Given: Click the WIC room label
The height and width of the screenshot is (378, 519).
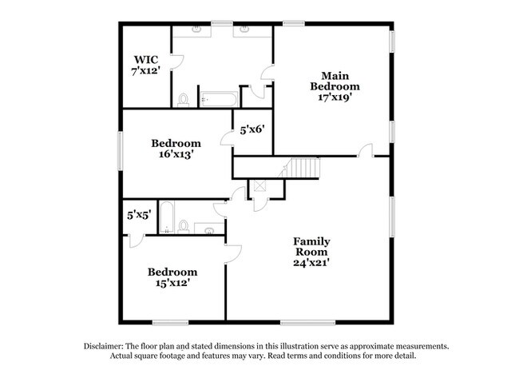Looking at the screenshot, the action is pyautogui.click(x=146, y=60).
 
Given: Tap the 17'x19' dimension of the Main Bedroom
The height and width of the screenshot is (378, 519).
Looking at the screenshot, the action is pyautogui.click(x=335, y=97).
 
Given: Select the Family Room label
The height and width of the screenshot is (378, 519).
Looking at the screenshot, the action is pyautogui.click(x=311, y=246).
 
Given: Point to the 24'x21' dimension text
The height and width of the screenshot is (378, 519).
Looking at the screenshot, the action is pyautogui.click(x=311, y=263).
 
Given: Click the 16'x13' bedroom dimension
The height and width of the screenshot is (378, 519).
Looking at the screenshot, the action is pyautogui.click(x=176, y=154).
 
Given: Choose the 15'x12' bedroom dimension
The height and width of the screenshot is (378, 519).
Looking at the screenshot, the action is pyautogui.click(x=172, y=283).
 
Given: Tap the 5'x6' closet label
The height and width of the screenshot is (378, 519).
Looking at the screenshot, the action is pyautogui.click(x=252, y=129).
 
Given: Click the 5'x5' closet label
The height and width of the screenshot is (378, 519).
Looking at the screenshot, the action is pyautogui.click(x=140, y=215).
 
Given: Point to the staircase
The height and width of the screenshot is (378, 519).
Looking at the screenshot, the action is pyautogui.click(x=299, y=168).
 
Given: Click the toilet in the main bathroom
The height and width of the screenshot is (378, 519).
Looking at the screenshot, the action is pyautogui.click(x=183, y=100).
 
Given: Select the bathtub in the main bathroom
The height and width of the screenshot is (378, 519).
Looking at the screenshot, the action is pyautogui.click(x=219, y=99).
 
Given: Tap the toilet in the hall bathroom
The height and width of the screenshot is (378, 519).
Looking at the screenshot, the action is pyautogui.click(x=184, y=227).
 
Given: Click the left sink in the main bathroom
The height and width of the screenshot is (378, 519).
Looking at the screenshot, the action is pyautogui.click(x=196, y=30).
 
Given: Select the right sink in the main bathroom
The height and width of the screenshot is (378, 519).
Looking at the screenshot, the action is pyautogui.click(x=245, y=30).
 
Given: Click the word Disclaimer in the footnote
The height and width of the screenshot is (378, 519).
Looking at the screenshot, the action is pyautogui.click(x=104, y=347).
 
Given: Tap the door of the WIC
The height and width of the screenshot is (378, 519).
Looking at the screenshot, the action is pyautogui.click(x=178, y=62).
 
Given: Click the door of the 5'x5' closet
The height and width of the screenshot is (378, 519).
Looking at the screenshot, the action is pyautogui.click(x=137, y=241).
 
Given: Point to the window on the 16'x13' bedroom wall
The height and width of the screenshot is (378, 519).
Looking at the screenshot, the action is pyautogui.click(x=121, y=151).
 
